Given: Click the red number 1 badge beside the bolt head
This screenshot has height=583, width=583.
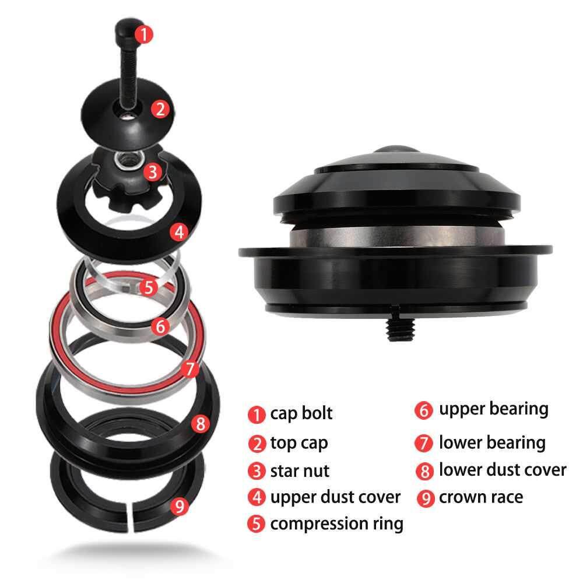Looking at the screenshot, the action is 143,34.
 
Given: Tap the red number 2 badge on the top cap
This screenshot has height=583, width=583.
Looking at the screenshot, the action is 160,110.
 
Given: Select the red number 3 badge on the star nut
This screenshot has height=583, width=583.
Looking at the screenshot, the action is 153,172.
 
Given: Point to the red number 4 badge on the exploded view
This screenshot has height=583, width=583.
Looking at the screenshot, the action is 179,232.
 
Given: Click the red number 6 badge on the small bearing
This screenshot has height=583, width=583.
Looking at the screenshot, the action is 161,326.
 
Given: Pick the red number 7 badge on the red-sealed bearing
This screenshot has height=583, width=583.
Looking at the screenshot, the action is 190,369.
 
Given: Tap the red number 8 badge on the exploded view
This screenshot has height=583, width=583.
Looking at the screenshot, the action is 201,423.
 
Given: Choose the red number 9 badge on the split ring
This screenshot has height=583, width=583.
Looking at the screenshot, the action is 180,506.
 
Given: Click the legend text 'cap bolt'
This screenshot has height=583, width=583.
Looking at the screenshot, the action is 301,413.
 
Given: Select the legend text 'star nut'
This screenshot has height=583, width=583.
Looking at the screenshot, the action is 300,471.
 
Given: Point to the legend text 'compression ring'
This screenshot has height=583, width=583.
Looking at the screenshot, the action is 336,524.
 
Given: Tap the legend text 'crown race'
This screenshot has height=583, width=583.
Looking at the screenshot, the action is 481,497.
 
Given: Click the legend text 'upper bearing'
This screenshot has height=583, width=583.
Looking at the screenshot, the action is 493,409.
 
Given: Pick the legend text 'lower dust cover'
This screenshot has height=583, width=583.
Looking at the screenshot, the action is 503,470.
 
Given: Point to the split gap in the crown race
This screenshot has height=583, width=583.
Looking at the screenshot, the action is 130,516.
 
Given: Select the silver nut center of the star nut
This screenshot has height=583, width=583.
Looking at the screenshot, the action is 129,160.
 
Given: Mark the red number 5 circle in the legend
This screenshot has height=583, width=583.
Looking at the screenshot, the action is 256,524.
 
